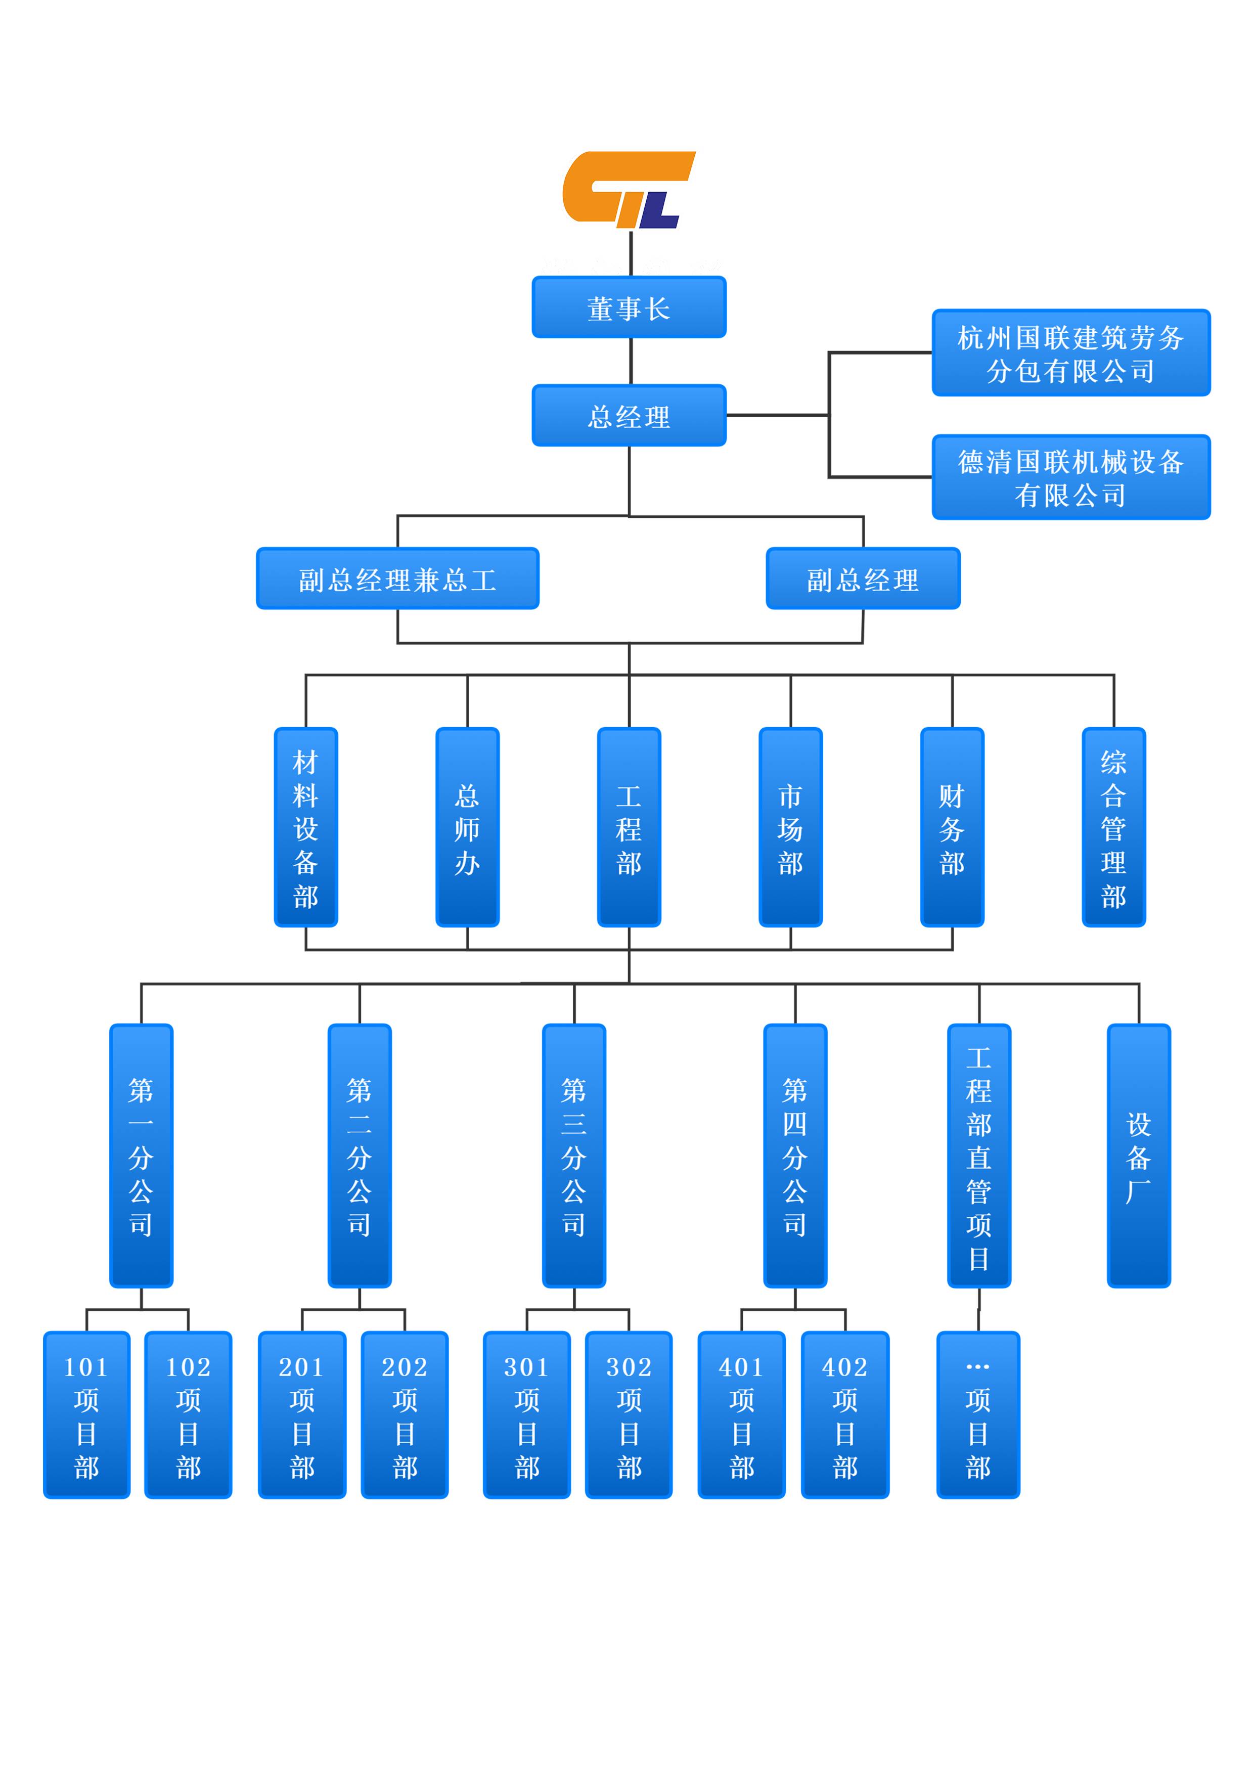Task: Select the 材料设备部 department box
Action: tap(306, 827)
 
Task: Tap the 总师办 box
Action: tap(467, 827)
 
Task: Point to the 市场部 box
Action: tap(790, 827)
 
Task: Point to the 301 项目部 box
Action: tap(526, 1415)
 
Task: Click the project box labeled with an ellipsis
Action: tap(977, 1415)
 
